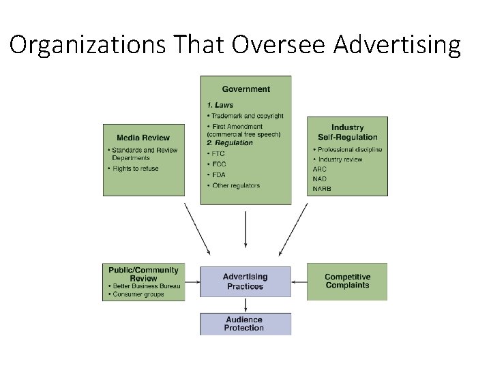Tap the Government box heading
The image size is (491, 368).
click(x=245, y=89)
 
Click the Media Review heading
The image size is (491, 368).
click(x=143, y=138)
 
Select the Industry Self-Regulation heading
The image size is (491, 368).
click(x=347, y=132)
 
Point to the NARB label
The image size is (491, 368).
click(x=322, y=189)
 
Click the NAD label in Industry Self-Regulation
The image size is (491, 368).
click(x=320, y=179)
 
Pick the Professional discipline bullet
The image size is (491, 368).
click(x=348, y=150)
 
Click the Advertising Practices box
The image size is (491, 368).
click(x=245, y=281)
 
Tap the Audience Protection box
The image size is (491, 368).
click(x=244, y=324)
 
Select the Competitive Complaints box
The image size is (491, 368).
click(x=347, y=281)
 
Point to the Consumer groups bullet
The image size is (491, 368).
click(x=136, y=294)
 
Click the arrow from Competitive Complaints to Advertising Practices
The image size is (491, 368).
click(x=299, y=281)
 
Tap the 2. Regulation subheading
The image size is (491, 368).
click(x=229, y=143)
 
